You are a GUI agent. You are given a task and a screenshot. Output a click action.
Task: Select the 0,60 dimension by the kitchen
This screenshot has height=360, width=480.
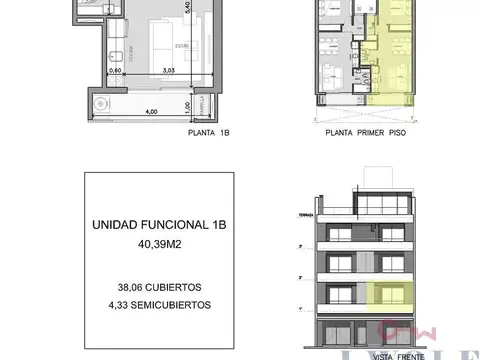pyautogui.click(x=115, y=71)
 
